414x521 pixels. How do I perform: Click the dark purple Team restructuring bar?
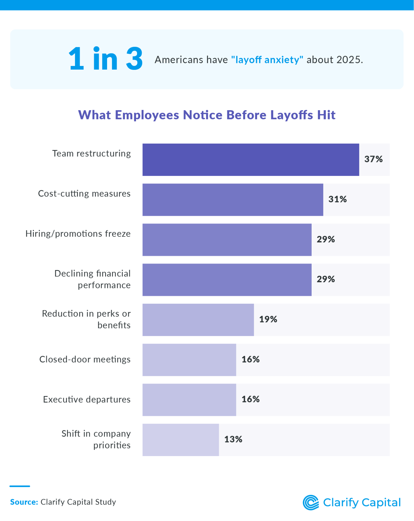(251, 160)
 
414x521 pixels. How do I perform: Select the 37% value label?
(373, 159)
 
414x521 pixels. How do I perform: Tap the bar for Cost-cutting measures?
(233, 200)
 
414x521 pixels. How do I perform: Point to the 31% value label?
(337, 199)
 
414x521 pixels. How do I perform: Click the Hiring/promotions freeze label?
(78, 234)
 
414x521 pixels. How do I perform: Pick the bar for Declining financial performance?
(227, 280)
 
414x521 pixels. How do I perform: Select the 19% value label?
(268, 319)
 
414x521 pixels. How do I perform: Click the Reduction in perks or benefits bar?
(198, 320)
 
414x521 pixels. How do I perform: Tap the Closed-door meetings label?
(85, 359)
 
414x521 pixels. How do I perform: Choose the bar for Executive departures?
(189, 400)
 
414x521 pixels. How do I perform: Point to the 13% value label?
(233, 439)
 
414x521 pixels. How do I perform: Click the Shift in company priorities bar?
(181, 440)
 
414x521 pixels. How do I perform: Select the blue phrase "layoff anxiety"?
(267, 60)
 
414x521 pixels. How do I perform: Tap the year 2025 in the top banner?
(348, 60)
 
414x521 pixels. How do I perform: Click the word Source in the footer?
(24, 502)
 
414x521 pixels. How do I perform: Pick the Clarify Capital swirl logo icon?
(311, 502)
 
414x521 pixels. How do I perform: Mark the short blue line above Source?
(20, 486)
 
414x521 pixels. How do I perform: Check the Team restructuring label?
(91, 154)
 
